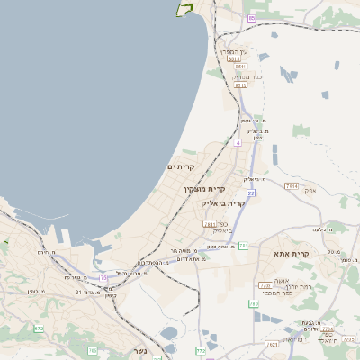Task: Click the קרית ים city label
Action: (181, 167)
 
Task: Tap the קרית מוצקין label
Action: (203, 189)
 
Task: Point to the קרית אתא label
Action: (292, 255)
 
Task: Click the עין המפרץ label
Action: (237, 52)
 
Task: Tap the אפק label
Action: (310, 191)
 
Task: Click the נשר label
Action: (139, 351)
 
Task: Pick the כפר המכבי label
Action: (276, 295)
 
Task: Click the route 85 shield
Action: (252, 18)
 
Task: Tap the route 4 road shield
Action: (238, 142)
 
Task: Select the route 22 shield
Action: (251, 193)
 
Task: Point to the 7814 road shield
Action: (291, 185)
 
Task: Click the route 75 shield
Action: (103, 278)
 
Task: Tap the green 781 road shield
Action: (243, 245)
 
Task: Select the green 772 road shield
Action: (201, 350)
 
